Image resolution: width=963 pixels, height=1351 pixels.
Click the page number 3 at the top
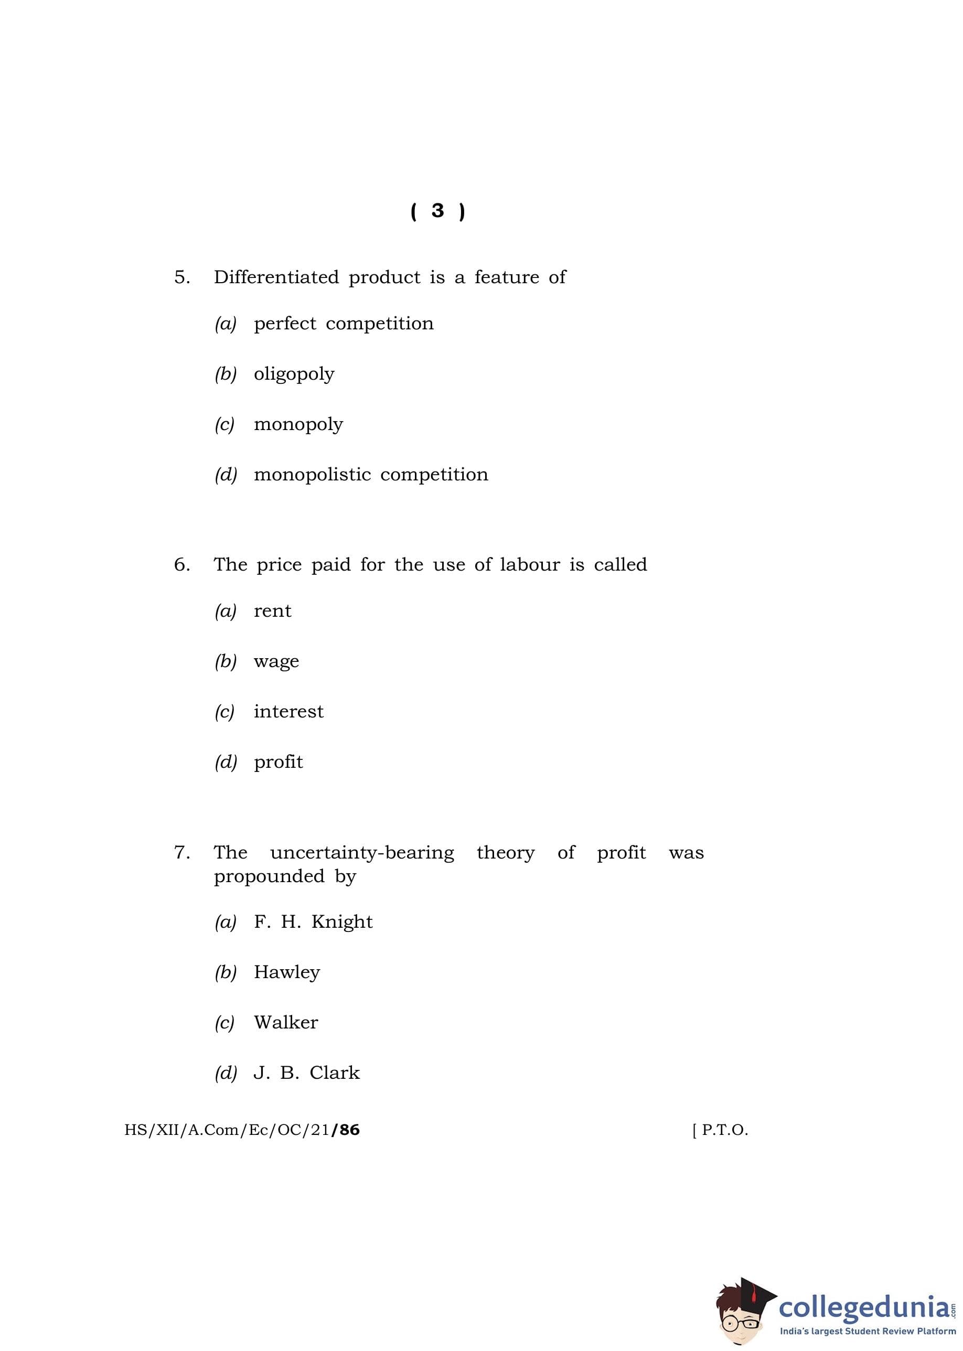click(x=437, y=210)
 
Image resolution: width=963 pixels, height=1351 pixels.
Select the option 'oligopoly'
click(x=294, y=374)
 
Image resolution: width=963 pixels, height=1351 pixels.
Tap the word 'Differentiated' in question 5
click(x=276, y=277)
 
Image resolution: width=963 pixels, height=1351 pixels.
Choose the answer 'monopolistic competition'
click(x=371, y=474)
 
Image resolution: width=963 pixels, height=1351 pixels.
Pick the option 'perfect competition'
click(x=344, y=324)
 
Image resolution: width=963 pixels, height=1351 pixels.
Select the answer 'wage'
click(x=276, y=661)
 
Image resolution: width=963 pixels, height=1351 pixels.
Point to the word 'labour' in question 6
click(x=530, y=564)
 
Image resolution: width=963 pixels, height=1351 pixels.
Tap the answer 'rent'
click(x=272, y=611)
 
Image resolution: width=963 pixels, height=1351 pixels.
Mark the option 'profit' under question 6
click(x=278, y=762)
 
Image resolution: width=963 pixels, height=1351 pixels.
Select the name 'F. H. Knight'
click(x=313, y=922)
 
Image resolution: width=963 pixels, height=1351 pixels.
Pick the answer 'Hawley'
click(x=286, y=972)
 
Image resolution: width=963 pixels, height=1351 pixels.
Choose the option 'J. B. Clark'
click(x=306, y=1073)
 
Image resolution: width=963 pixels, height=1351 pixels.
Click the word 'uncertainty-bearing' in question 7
click(x=362, y=852)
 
